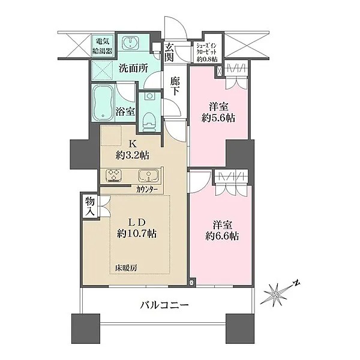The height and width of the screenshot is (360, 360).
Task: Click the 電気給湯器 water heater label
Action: tap(103, 46)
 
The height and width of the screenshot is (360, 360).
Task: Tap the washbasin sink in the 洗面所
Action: tap(130, 43)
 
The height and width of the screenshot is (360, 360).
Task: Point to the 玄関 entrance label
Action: tap(169, 52)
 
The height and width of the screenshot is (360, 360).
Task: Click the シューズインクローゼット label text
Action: tap(206, 49)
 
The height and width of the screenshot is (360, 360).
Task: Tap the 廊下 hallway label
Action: tap(175, 86)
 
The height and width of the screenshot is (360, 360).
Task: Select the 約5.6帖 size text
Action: tap(218, 118)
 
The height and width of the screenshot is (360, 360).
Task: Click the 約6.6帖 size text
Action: tap(222, 236)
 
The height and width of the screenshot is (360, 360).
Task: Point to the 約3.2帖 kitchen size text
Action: tap(133, 155)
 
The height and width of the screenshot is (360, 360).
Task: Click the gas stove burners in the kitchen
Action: tap(113, 176)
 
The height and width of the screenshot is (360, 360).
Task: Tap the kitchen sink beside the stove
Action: tap(149, 176)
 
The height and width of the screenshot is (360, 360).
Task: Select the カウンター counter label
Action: tap(147, 190)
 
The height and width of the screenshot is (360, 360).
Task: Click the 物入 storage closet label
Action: tap(90, 207)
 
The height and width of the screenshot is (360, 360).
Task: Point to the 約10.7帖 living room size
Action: tap(137, 234)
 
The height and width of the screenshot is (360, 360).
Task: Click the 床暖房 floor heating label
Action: tap(126, 268)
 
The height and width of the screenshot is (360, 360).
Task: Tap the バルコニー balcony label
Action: tap(164, 305)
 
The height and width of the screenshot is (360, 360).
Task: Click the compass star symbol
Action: tap(275, 295)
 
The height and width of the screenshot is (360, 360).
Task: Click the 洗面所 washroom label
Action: tap(133, 68)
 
